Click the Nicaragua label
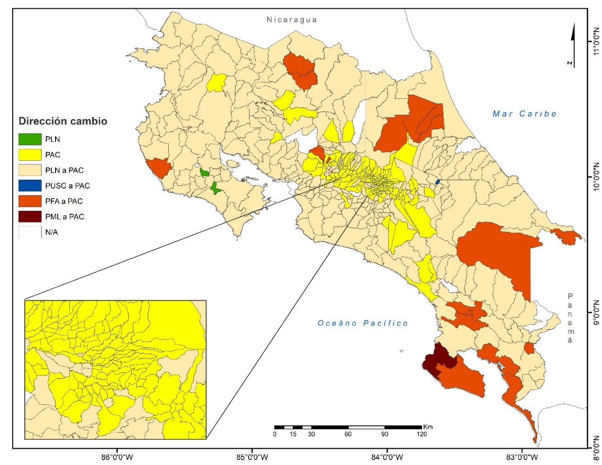coord(292,20)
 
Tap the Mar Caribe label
coord(524,114)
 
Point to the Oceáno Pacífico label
coord(363,323)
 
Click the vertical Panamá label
coord(570,318)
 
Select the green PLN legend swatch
coord(30,139)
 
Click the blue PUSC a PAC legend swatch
coord(30,186)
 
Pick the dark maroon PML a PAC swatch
coord(30,217)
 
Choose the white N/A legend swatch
coord(30,232)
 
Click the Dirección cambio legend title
coord(63,121)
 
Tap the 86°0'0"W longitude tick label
coord(117,457)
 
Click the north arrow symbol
coord(573,45)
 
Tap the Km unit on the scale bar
coord(428,427)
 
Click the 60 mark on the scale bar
coord(348,434)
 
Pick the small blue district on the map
coord(437,181)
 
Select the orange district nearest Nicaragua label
coord(300,70)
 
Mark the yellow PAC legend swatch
coord(30,155)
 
